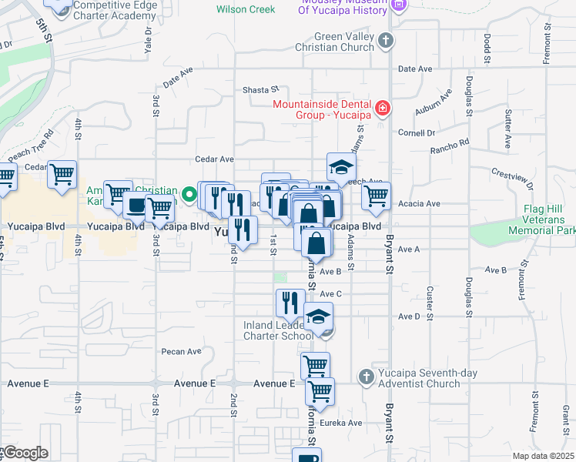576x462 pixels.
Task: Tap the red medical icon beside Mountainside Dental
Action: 383,109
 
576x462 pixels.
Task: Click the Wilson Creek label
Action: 246,9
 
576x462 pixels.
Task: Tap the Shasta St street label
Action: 260,90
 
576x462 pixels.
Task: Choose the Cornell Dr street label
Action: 417,132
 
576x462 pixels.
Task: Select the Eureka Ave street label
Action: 343,423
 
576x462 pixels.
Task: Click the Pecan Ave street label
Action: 181,352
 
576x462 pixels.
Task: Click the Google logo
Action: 25,453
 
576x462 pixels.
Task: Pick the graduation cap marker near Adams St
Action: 342,166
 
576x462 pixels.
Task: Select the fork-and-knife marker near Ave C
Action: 290,303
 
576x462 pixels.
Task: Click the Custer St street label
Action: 429,303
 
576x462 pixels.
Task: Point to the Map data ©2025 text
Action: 544,456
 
